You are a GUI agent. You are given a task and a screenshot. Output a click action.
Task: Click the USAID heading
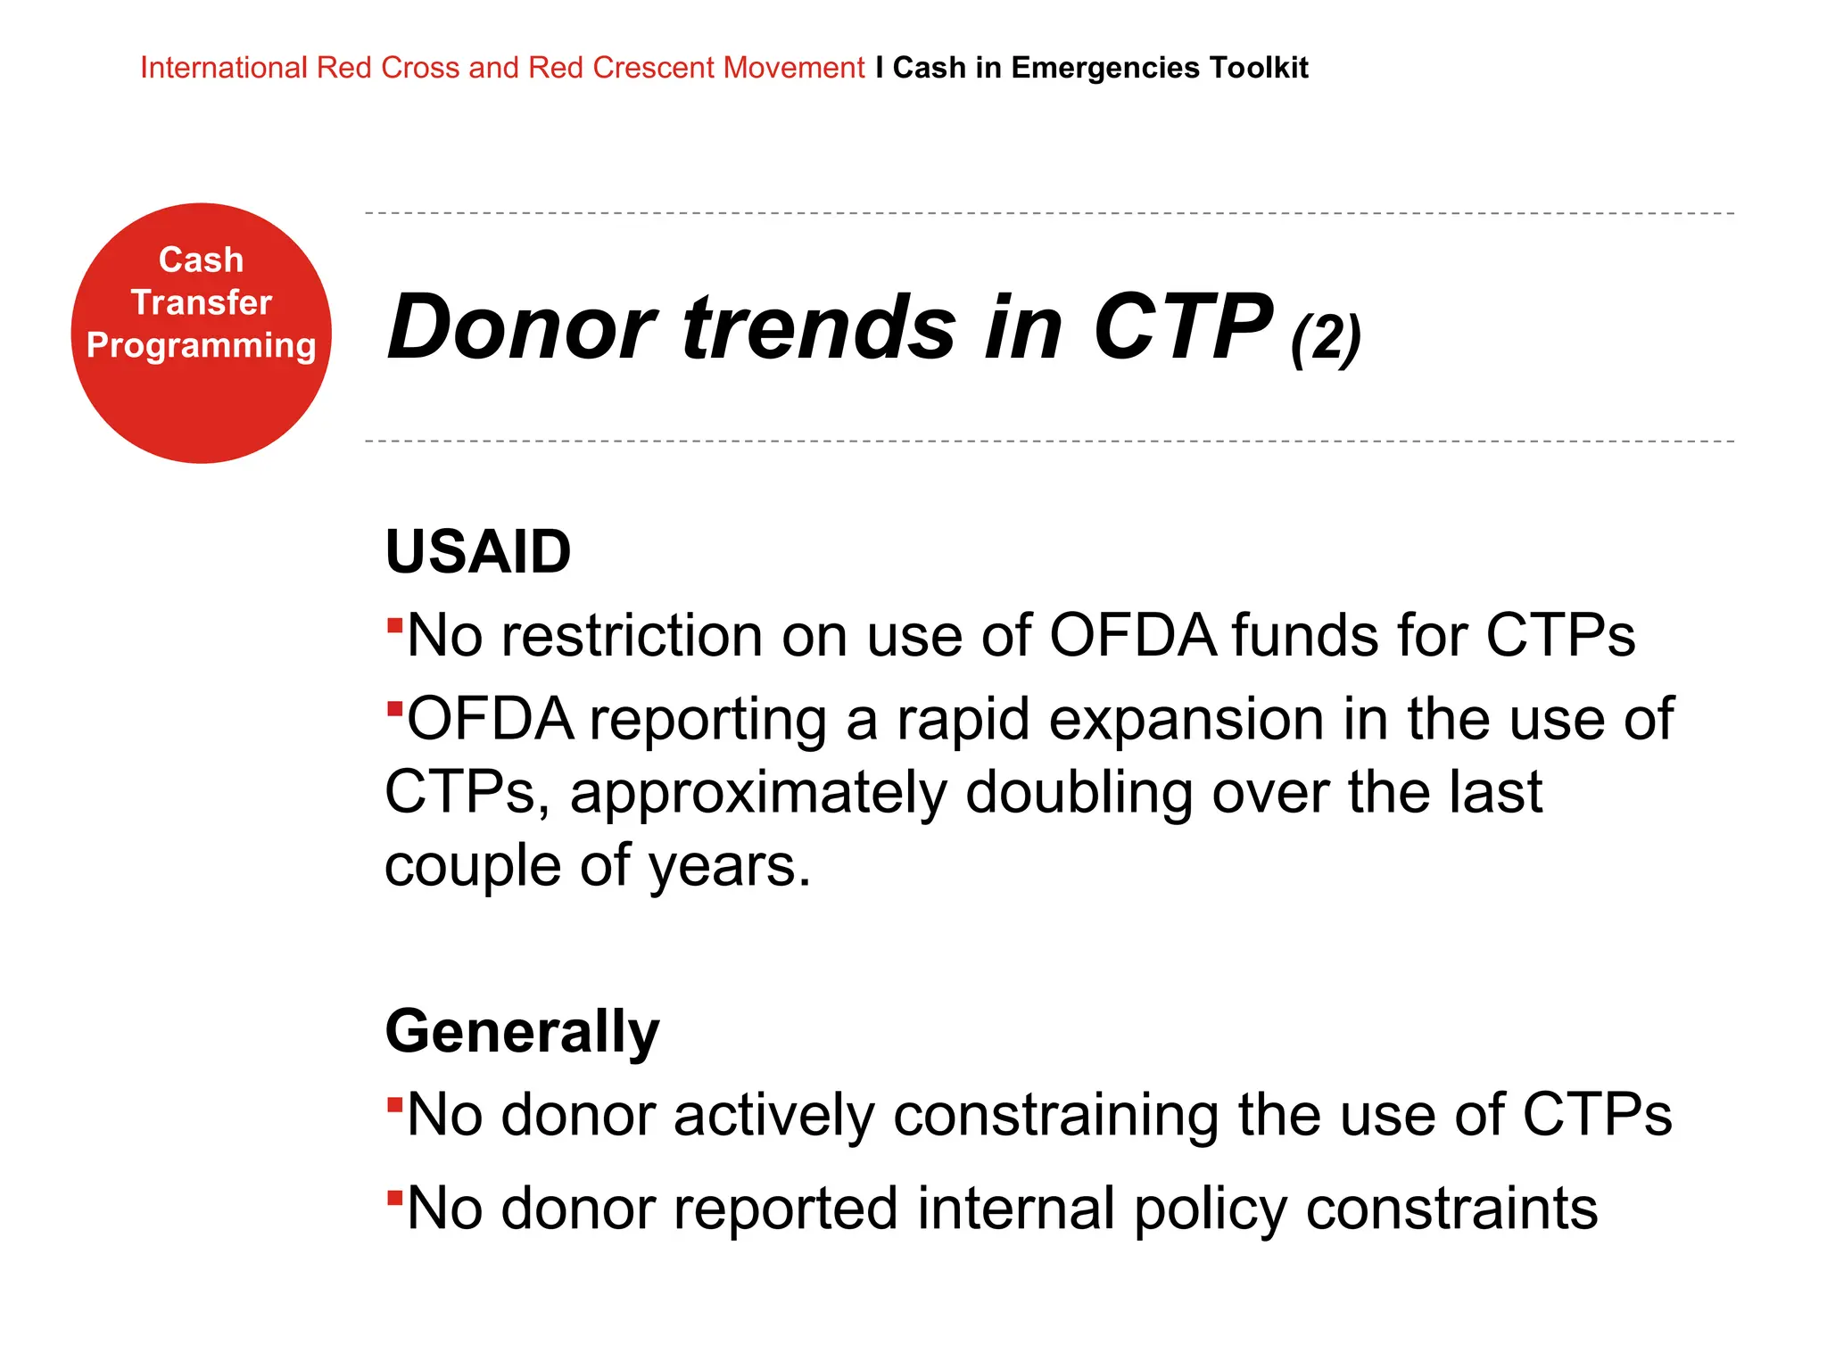point(478,552)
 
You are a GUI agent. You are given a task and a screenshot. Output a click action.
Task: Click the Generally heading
point(522,1032)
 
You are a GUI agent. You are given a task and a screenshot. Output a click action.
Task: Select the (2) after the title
point(1325,338)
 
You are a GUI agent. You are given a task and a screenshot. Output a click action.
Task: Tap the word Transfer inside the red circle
point(201,302)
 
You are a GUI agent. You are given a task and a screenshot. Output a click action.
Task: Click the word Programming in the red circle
point(201,345)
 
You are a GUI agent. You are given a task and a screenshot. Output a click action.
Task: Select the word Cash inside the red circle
point(201,260)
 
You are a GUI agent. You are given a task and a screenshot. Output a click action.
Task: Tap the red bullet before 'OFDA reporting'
point(394,708)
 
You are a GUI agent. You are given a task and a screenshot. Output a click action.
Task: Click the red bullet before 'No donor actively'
point(394,1104)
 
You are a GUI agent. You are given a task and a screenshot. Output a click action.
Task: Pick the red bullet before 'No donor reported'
point(394,1196)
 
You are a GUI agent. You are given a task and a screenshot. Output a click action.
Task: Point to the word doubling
point(1079,793)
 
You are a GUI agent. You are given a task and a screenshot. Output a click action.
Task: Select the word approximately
point(757,793)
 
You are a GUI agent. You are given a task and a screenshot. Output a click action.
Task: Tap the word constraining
point(1054,1116)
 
